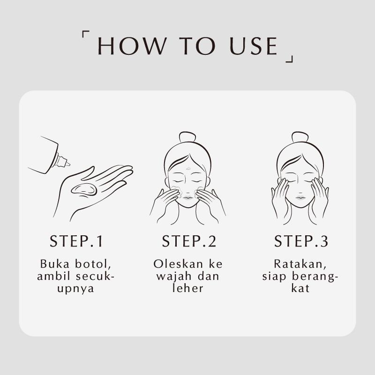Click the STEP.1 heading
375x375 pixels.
(76, 241)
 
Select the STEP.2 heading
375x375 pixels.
(189, 241)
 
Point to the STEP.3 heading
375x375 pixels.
(301, 241)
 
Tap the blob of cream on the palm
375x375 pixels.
(84, 189)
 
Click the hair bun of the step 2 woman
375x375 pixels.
(187, 137)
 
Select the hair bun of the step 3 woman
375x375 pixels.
(300, 137)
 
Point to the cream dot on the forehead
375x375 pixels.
(187, 167)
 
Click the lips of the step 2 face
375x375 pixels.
(187, 197)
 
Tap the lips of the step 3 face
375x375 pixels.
(300, 197)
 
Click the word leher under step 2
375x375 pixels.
(187, 288)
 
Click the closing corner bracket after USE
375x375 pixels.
(290, 58)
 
